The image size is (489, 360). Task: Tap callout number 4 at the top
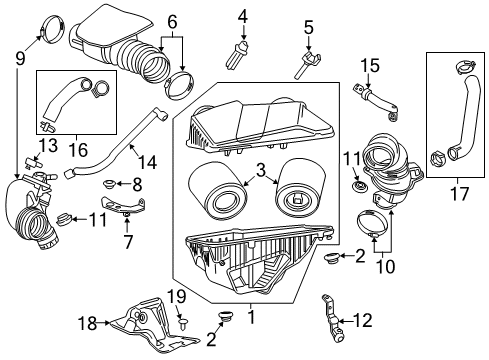[243, 15]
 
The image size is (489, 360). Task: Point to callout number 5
[308, 28]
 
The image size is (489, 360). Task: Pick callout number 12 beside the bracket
[364, 322]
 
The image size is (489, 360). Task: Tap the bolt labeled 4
[241, 50]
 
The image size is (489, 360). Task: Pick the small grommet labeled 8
[115, 183]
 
